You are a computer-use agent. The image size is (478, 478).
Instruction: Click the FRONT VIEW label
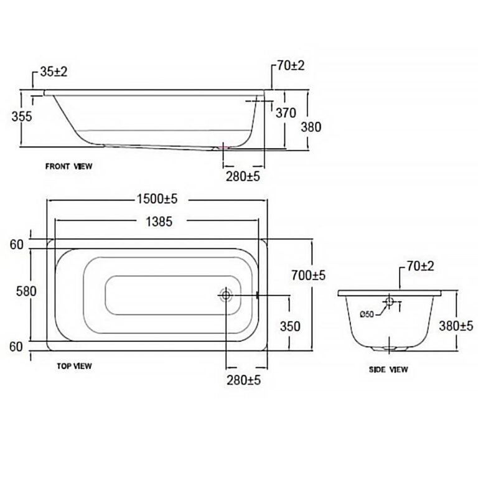tap(68, 166)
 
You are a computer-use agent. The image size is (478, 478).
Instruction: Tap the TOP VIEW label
tap(74, 366)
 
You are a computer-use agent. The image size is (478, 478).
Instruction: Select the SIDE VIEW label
tap(388, 370)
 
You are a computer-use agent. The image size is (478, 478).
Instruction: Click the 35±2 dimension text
tap(54, 72)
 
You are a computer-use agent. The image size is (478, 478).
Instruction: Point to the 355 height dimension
tap(22, 116)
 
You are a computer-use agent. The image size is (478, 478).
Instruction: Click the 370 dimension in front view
tap(286, 113)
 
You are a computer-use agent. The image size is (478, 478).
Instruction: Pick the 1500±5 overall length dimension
tap(157, 199)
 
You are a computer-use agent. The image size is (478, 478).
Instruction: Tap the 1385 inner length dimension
tap(159, 222)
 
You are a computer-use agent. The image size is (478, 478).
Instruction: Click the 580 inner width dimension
tap(26, 291)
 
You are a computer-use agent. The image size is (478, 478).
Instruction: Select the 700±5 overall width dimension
tap(309, 276)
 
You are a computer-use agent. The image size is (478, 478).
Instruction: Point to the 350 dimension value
tap(290, 327)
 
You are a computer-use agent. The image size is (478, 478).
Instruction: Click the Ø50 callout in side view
tap(367, 314)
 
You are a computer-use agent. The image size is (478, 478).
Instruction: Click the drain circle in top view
tap(226, 295)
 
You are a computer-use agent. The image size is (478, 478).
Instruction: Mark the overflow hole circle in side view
tap(389, 301)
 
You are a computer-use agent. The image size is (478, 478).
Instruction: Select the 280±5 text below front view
tap(243, 177)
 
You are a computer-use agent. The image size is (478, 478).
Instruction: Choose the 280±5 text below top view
tap(243, 380)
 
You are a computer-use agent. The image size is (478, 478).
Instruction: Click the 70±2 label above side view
tap(420, 266)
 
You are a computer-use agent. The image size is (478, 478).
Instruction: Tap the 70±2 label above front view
tap(291, 66)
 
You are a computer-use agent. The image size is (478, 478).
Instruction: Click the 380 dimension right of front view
tap(311, 127)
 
